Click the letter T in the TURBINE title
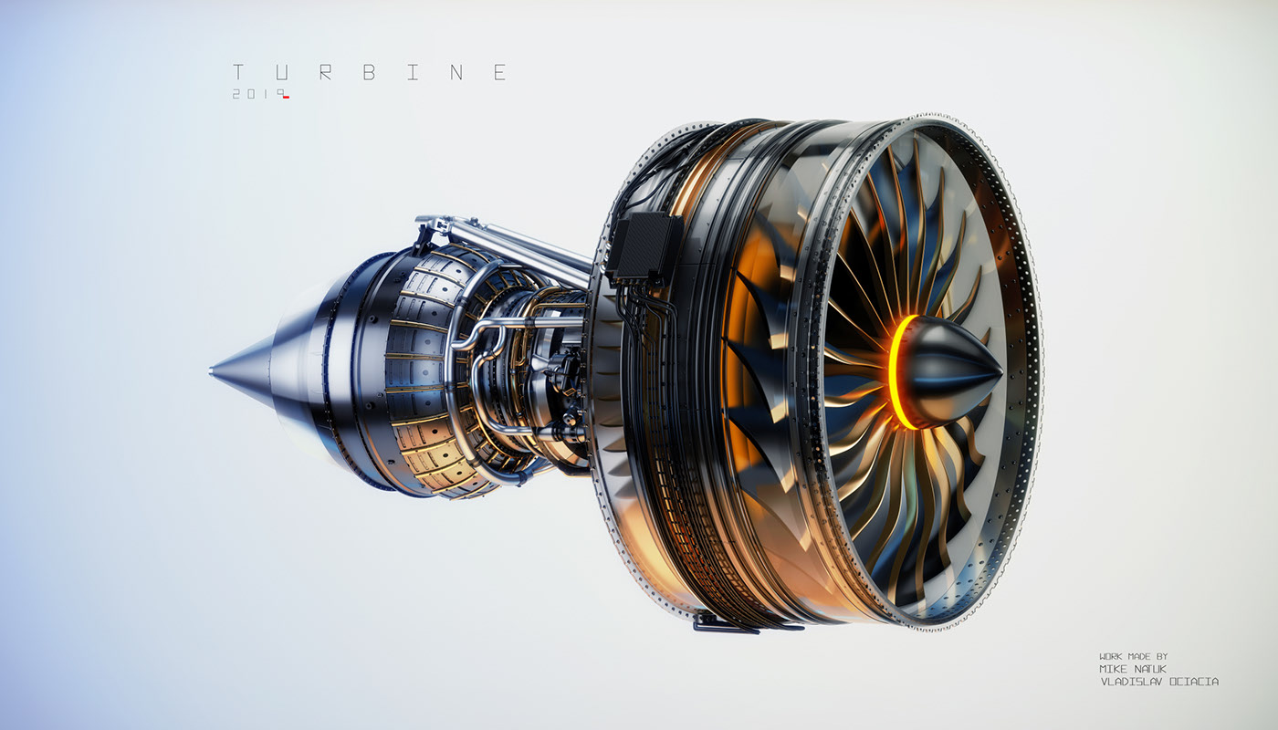point(238,73)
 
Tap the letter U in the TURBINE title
point(282,73)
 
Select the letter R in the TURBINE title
point(326,73)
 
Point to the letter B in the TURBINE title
point(370,73)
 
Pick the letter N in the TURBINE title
point(456,73)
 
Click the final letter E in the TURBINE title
point(499,73)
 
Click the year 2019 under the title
point(255,94)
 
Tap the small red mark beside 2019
point(286,98)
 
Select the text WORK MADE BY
point(1133,656)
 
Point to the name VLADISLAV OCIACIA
point(1158,682)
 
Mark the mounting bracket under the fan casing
point(726,625)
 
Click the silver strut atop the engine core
point(511,242)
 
